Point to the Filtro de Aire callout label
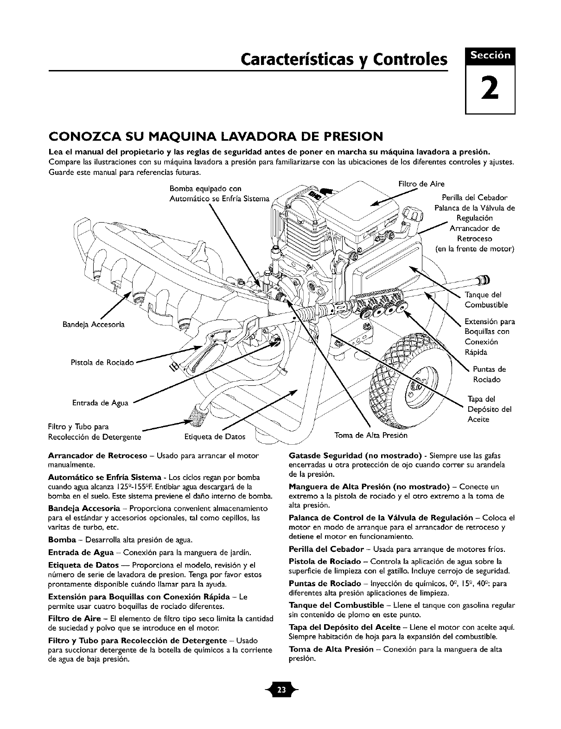415,184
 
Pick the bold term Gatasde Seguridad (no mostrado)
349,455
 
